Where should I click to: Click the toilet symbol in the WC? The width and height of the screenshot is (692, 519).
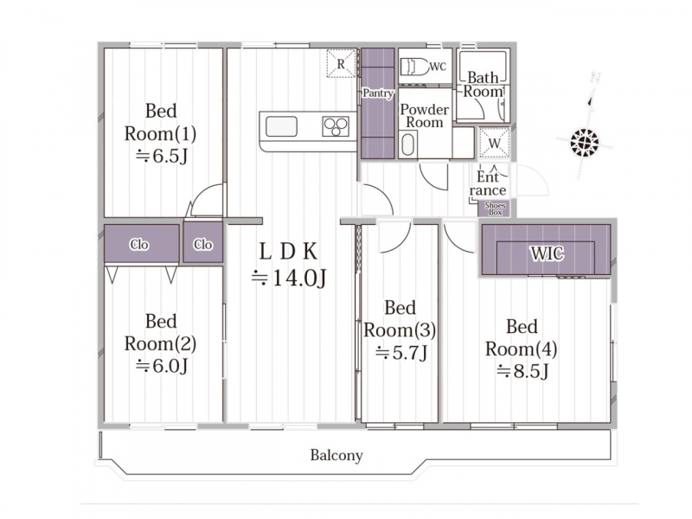tap(414, 67)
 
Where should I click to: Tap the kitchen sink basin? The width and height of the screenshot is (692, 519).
tap(281, 126)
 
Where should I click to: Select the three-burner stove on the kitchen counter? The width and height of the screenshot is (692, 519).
tap(336, 126)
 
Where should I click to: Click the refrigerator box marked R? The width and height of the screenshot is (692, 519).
tap(341, 63)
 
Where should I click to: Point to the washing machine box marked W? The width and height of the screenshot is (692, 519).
tap(494, 143)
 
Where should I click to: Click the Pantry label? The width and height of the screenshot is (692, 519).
tap(378, 93)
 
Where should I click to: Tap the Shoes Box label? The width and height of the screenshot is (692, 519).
tap(495, 208)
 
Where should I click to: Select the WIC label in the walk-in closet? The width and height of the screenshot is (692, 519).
tap(547, 253)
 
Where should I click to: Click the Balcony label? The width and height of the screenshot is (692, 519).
tap(336, 455)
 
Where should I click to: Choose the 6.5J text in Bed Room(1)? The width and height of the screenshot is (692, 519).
tap(162, 156)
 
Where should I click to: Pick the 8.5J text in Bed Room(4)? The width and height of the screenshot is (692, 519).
tap(522, 372)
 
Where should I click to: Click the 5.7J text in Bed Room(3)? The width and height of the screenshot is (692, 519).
tap(401, 353)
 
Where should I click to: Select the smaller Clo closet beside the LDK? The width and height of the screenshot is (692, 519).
tap(203, 243)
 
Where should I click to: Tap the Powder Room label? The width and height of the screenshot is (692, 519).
tap(424, 116)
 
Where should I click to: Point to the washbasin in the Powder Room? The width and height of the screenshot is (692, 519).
tap(408, 145)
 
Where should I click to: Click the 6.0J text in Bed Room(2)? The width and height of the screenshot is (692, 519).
tap(162, 366)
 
